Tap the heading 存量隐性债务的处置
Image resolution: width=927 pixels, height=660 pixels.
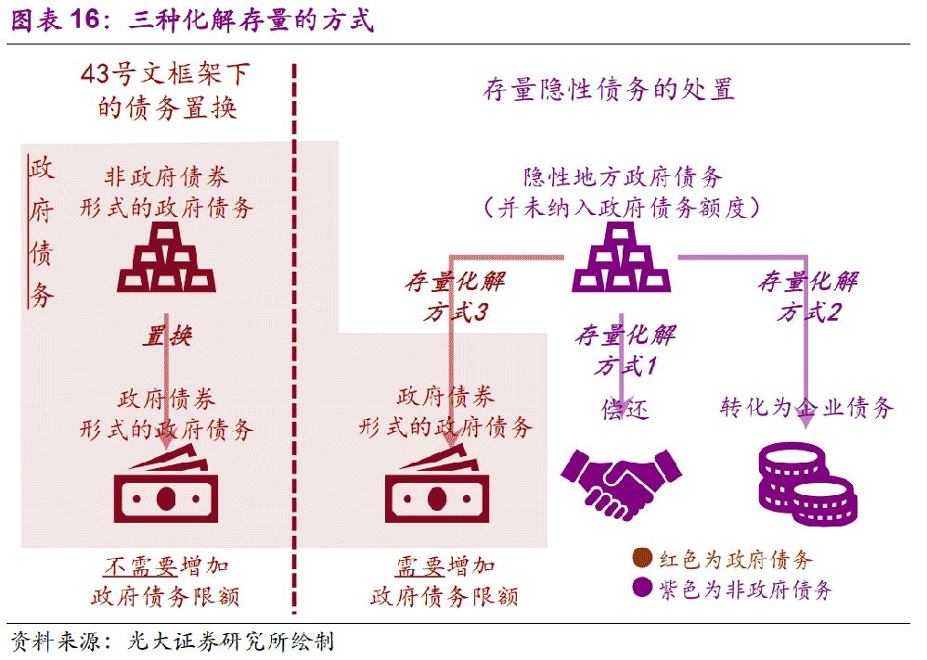click(609, 89)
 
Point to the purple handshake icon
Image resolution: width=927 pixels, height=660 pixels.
click(621, 483)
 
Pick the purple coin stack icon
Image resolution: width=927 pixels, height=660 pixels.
click(807, 484)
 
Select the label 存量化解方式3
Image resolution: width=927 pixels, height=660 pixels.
click(456, 297)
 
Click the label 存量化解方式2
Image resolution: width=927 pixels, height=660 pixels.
click(808, 297)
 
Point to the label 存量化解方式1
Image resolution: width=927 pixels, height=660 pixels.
click(625, 350)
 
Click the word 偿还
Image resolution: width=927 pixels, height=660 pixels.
click(624, 409)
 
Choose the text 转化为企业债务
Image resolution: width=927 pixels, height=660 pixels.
click(806, 407)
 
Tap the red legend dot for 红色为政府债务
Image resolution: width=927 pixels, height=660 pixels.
click(642, 558)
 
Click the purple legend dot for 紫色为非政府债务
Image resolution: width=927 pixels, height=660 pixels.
click(642, 588)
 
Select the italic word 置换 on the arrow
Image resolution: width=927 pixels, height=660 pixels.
click(167, 336)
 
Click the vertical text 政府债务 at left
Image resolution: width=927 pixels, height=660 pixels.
click(42, 232)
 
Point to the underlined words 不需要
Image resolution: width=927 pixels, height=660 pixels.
click(141, 566)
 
